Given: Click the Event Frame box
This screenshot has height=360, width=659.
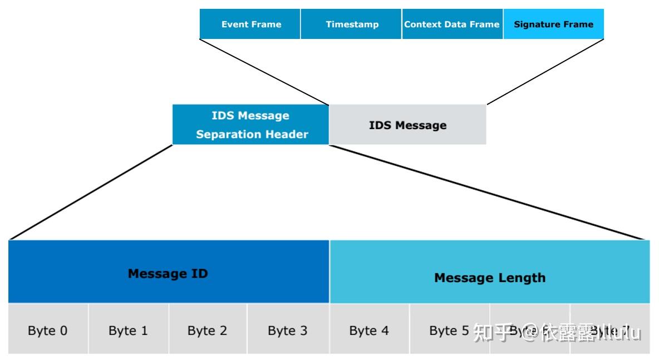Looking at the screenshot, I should pyautogui.click(x=250, y=24).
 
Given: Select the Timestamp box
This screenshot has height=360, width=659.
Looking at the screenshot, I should pyautogui.click(x=351, y=24).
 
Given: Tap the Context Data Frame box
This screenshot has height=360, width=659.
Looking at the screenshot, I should pyautogui.click(x=451, y=24).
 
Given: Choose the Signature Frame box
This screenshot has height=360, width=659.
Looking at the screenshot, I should pyautogui.click(x=553, y=24).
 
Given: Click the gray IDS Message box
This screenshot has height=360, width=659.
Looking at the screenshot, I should pyautogui.click(x=407, y=125).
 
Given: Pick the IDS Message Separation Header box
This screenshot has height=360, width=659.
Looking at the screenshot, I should pyautogui.click(x=251, y=125).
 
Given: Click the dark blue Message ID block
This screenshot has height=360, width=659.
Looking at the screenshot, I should pyautogui.click(x=168, y=273).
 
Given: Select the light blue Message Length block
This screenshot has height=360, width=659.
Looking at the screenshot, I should pyautogui.click(x=489, y=277).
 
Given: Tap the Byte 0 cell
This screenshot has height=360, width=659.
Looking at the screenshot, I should pyautogui.click(x=48, y=331).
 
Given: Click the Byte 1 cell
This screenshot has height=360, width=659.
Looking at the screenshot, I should pyautogui.click(x=128, y=331).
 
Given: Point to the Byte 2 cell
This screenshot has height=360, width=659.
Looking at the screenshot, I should pyautogui.click(x=207, y=331).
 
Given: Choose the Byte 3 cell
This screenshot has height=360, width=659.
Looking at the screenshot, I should pyautogui.click(x=287, y=331).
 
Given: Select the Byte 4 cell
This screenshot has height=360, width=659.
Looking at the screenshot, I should pyautogui.click(x=369, y=331).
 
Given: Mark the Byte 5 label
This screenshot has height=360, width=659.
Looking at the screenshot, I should pyautogui.click(x=449, y=331).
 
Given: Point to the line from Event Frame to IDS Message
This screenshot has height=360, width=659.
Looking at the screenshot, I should pyautogui.click(x=264, y=72).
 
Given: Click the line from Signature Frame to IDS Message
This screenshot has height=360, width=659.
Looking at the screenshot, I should pyautogui.click(x=545, y=72).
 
